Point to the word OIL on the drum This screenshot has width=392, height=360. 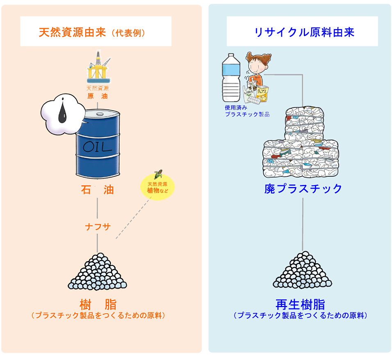97,147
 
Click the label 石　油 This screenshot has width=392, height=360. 97,190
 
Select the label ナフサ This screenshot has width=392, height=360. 98,227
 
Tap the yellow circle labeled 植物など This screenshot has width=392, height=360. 157,188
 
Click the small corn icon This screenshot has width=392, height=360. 158,174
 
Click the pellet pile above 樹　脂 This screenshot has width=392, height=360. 97,271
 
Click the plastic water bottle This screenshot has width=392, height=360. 230,78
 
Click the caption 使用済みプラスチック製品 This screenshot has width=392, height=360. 246,111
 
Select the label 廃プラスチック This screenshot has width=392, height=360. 303,189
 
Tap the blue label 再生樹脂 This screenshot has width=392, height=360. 301,305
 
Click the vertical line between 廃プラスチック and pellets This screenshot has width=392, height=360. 303,223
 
